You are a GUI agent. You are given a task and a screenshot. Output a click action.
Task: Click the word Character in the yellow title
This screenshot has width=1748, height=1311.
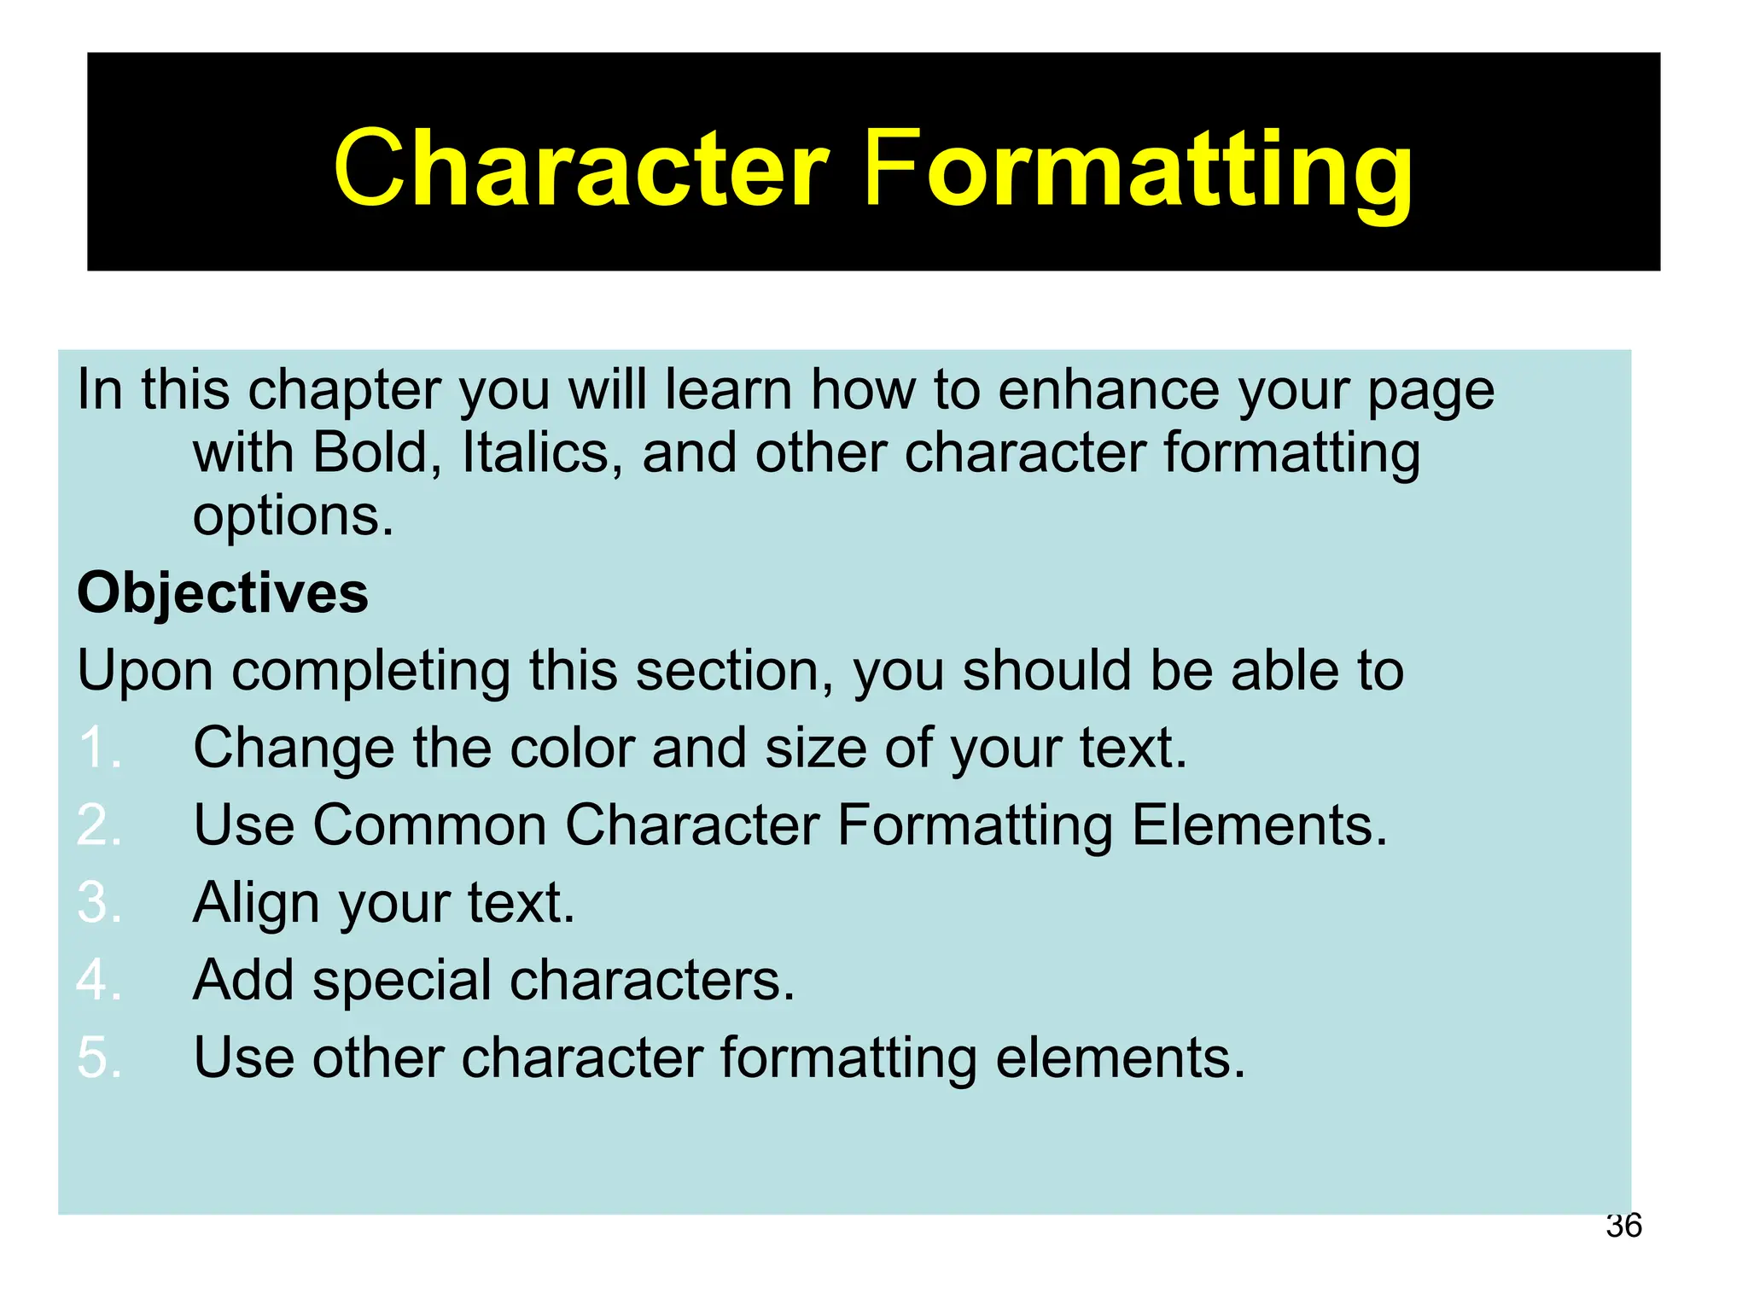pos(581,167)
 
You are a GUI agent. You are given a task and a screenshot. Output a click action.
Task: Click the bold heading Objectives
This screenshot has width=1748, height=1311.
pos(223,593)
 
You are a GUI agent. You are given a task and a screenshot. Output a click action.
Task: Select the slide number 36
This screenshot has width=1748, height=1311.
pos(1623,1226)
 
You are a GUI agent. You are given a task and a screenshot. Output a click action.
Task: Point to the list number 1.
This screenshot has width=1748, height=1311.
pos(98,749)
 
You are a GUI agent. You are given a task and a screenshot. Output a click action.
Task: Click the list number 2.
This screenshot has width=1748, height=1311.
pos(98,825)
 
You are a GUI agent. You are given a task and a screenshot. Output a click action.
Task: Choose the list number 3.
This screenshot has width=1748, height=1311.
pos(98,903)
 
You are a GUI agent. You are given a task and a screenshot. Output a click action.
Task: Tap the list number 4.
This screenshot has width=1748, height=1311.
pos(98,980)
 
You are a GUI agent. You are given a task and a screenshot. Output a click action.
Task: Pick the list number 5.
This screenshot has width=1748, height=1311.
pos(98,1058)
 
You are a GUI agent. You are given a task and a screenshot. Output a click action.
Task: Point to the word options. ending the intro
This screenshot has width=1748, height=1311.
pos(294,517)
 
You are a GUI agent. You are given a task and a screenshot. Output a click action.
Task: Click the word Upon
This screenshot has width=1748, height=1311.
pos(145,672)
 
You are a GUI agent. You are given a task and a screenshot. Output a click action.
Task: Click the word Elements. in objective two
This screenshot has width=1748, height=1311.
pos(1260,825)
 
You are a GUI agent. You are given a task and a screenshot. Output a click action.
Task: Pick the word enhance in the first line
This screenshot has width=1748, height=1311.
pos(1109,390)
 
